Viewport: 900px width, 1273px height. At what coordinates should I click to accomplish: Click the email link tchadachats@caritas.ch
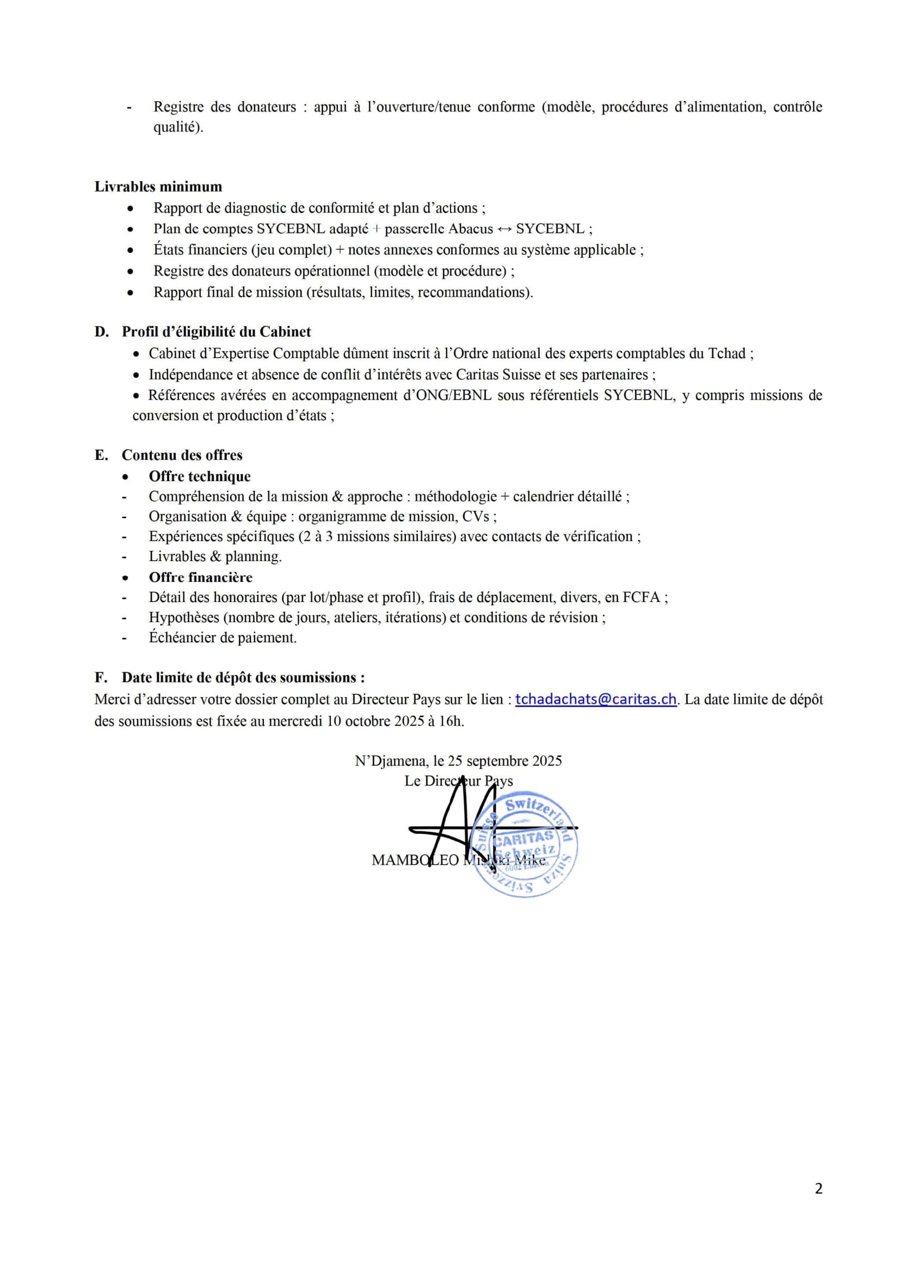[x=596, y=700]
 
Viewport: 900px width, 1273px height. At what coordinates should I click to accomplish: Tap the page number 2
[x=818, y=1188]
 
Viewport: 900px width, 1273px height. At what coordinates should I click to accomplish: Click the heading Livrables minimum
[x=158, y=187]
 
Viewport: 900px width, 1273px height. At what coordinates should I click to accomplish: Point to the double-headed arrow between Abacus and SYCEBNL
[x=504, y=229]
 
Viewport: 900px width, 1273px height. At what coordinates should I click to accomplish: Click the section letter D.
[x=101, y=332]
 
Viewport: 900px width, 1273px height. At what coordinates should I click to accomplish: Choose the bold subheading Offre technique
[x=200, y=477]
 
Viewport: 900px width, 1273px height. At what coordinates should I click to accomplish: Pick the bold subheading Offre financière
[x=201, y=578]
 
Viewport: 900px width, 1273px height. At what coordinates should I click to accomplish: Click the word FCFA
[x=642, y=598]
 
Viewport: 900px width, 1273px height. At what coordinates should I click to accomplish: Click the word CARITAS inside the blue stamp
[x=523, y=838]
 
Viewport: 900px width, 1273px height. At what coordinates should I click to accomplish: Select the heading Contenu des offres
[x=182, y=455]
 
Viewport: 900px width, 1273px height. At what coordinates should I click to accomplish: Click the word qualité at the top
[x=177, y=127]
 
